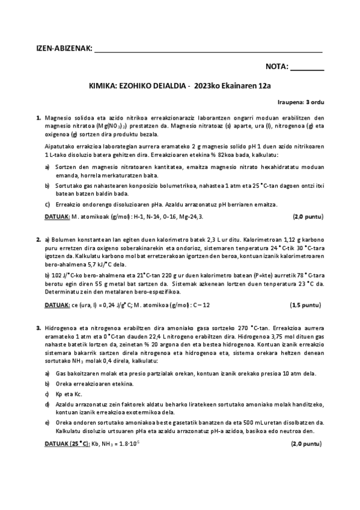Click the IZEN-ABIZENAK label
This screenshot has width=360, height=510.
[x=63, y=48]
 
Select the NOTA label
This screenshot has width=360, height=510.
[x=277, y=67]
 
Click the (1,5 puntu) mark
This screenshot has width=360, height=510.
[x=306, y=305]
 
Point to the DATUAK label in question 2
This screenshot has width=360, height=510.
[x=58, y=305]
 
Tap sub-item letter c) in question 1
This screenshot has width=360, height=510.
[x=47, y=204]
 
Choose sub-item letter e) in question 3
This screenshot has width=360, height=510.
[x=47, y=423]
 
